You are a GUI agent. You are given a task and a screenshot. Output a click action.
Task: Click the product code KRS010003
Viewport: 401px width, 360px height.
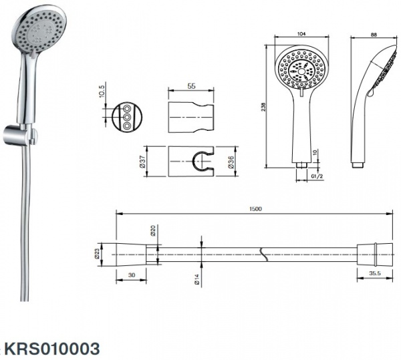coord(52,349)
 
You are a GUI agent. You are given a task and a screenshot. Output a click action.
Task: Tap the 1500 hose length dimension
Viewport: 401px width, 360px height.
coord(255,209)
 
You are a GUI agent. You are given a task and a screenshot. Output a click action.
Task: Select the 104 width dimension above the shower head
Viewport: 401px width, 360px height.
coord(302,33)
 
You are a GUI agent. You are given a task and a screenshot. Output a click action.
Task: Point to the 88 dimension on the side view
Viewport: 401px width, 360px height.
coord(374,35)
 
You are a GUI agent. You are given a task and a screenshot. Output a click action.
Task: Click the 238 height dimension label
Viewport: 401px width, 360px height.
coord(264,107)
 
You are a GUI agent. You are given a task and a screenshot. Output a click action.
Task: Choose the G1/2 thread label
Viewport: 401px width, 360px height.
coord(317,176)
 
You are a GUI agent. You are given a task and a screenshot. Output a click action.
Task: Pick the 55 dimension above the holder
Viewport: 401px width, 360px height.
coord(191,86)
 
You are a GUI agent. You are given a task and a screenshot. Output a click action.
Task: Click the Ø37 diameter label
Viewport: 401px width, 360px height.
coord(143,162)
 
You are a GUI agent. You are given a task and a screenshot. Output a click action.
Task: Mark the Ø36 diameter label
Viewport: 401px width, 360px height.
coord(231,162)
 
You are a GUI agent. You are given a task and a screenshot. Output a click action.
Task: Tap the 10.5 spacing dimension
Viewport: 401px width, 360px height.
coord(102,91)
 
